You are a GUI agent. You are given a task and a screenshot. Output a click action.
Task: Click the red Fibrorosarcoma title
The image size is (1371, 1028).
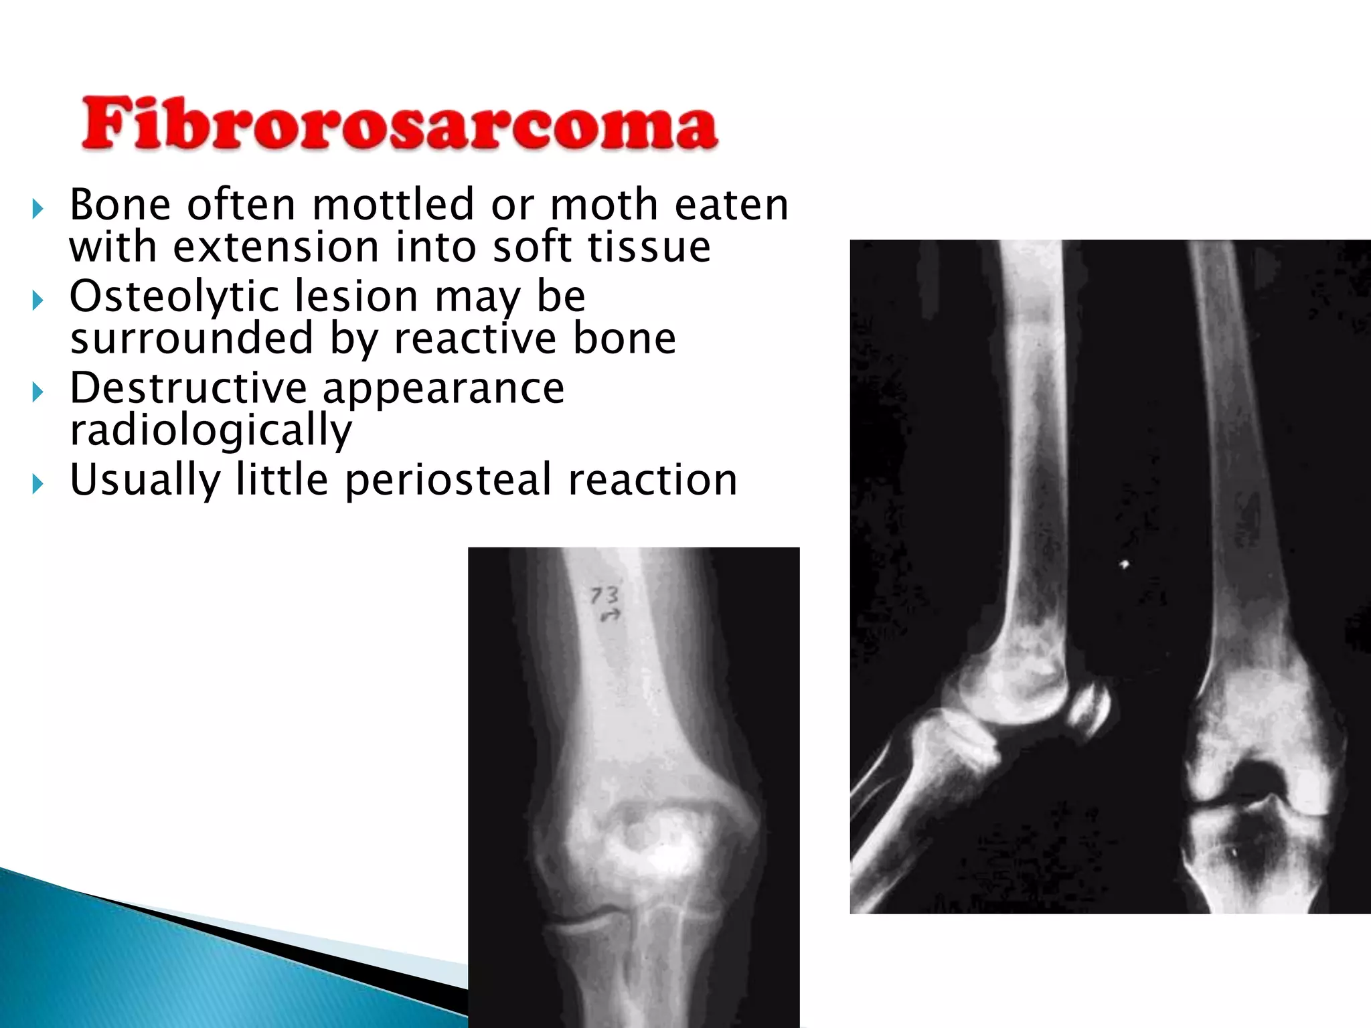pos(399,124)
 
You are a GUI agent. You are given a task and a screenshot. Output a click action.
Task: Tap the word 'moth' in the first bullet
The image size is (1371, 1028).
pos(603,205)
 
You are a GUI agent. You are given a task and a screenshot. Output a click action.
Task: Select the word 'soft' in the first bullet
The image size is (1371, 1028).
pos(532,248)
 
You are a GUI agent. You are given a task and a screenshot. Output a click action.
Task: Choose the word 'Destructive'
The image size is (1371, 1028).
pos(188,388)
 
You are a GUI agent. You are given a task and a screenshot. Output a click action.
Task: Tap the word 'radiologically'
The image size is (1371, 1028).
pos(210,431)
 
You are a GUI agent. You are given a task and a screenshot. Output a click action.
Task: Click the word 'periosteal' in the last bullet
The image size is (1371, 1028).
pos(448,481)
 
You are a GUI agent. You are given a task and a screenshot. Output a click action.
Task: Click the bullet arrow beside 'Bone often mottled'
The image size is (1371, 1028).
pos(37,209)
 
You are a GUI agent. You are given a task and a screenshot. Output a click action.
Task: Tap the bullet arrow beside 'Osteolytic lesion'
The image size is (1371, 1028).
pos(37,301)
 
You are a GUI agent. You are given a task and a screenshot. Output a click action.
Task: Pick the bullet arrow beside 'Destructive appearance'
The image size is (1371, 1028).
pos(37,392)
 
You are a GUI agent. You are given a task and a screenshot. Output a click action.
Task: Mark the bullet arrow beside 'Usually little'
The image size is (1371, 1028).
pos(37,484)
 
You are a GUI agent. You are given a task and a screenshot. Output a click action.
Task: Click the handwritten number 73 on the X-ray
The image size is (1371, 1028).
pos(604,595)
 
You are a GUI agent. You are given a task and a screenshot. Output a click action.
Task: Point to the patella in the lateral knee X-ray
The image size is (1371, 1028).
pos(1088,712)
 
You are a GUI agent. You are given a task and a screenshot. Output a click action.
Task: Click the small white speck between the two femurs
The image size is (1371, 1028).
pos(1125,564)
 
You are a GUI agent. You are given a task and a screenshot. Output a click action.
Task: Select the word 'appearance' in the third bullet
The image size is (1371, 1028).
pos(443,388)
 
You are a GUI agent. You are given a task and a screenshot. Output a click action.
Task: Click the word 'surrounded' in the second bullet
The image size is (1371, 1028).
pos(191,339)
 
